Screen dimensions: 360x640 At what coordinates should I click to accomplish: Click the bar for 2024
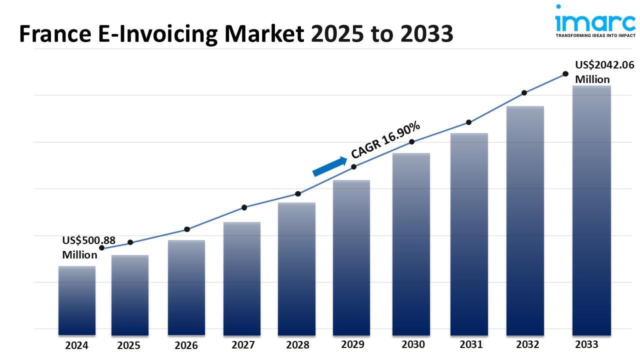point(77,300)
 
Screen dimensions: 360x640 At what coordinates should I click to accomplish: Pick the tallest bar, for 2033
point(591,210)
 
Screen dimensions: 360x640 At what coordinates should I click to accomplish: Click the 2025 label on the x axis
point(128,345)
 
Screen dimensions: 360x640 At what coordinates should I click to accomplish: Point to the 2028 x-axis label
point(297,345)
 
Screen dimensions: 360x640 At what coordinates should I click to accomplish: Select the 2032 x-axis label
point(527,344)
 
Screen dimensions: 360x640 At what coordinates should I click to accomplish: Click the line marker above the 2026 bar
point(187,229)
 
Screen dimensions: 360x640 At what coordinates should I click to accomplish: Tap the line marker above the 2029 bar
point(353,166)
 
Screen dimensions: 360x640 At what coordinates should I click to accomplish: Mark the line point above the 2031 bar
point(468,122)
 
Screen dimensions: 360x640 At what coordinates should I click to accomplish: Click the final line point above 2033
point(565,74)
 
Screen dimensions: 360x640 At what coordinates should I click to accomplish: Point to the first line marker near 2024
point(102,248)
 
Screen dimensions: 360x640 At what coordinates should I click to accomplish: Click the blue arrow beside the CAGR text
point(329,166)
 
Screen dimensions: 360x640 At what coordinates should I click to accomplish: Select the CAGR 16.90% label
point(385,140)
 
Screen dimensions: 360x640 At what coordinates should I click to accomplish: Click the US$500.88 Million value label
point(88,247)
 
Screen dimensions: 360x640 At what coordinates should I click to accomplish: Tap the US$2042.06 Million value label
point(604,72)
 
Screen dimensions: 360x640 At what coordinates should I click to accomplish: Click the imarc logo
point(594,21)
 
